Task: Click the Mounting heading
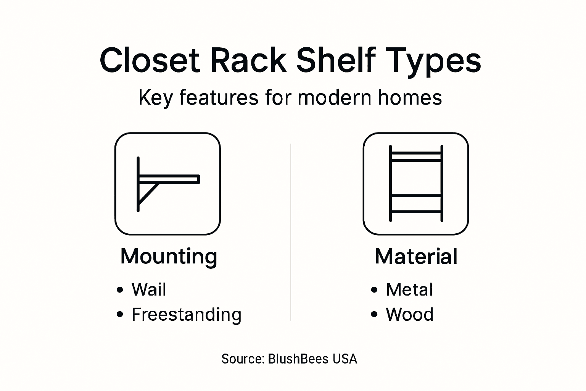coord(169,257)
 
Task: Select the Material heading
coord(416,256)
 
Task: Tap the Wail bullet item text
coord(149,289)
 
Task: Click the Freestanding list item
coord(186,315)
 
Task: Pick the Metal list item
coord(409,289)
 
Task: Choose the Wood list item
coord(409,315)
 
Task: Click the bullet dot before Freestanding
coord(120,315)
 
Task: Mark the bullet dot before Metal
coord(374,289)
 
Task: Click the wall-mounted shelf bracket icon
coord(167,184)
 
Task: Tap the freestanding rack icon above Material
coord(415,184)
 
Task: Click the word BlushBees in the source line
coord(298,359)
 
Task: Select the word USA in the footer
coord(345,359)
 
